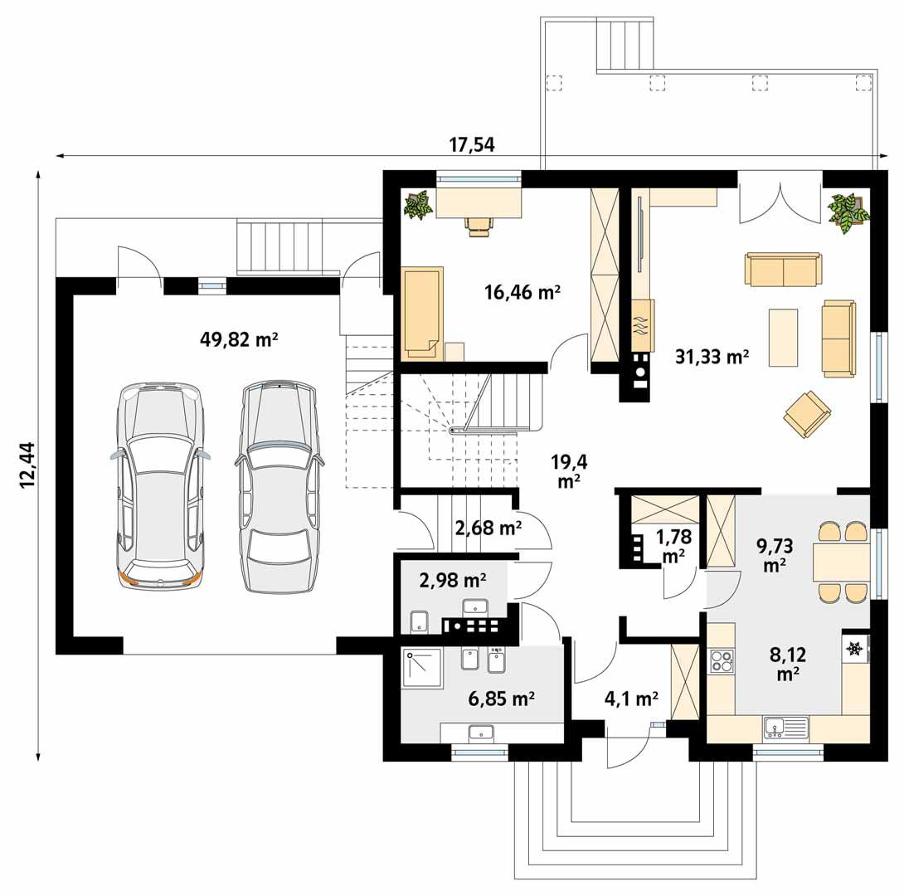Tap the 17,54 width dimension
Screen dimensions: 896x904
471,144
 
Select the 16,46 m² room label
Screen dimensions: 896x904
522,292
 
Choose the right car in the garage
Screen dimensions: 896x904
278,488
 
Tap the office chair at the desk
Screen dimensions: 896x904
479,225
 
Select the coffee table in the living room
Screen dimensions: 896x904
783,337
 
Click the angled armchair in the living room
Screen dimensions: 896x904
806,414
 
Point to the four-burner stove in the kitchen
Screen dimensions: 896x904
722,662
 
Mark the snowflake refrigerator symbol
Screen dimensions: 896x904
853,648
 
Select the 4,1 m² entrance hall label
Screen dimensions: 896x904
630,699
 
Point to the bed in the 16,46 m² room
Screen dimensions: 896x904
423,312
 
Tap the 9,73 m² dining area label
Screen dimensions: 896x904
775,554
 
